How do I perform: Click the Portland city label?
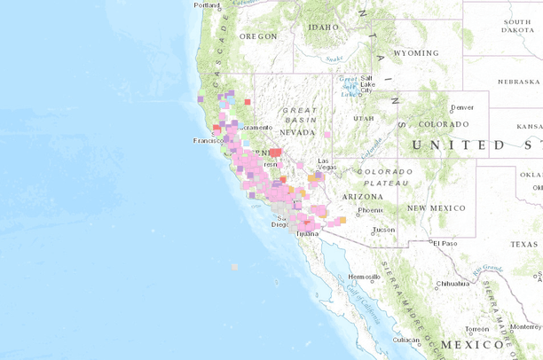pos(207,5)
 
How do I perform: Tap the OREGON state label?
pos(256,36)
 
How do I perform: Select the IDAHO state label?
pos(323,27)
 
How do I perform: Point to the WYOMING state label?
pos(415,53)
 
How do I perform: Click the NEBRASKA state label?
pos(519,82)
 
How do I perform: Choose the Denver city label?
pos(462,107)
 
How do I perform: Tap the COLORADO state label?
pos(445,124)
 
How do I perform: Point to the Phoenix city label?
pos(370,210)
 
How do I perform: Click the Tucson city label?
pos(383,230)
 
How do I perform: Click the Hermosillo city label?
pos(364,277)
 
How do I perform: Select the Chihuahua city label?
pos(452,284)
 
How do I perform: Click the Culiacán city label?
pos(405,340)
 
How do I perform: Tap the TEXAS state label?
pos(523,244)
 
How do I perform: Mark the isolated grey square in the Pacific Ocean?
pos(234,267)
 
